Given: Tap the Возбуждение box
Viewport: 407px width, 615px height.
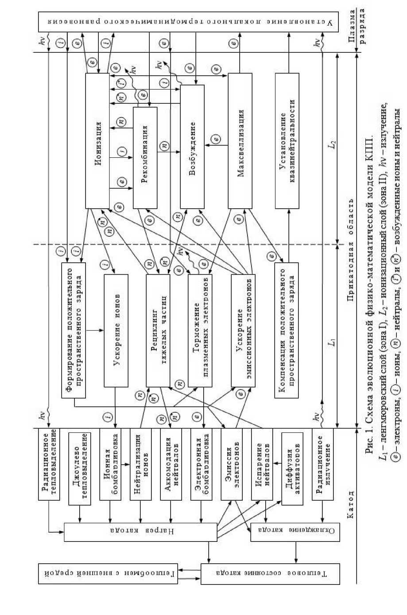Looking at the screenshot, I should tap(192, 146).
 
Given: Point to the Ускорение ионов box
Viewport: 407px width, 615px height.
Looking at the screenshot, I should tap(116, 330).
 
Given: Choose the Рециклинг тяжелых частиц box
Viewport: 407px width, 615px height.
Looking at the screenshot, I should tap(158, 330).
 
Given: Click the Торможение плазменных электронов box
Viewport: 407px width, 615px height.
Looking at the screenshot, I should tap(200, 330).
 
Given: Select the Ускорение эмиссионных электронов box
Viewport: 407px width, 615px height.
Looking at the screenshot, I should tap(242, 330).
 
